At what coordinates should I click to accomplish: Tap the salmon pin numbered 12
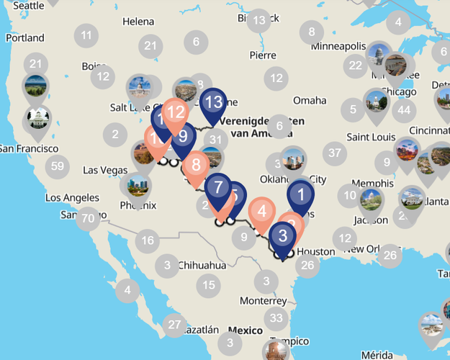pyautogui.click(x=176, y=113)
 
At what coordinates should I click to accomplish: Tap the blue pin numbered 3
pyautogui.click(x=283, y=235)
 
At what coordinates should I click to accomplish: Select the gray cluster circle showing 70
pyautogui.click(x=88, y=218)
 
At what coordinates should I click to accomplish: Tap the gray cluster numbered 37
pyautogui.click(x=333, y=153)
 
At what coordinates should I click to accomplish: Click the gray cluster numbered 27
pyautogui.click(x=174, y=325)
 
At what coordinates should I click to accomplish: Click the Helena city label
pyautogui.click(x=138, y=22)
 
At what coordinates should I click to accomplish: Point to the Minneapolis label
pyautogui.click(x=338, y=46)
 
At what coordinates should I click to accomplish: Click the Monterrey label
pyautogui.click(x=263, y=300)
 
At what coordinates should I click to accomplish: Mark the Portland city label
pyautogui.click(x=24, y=37)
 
